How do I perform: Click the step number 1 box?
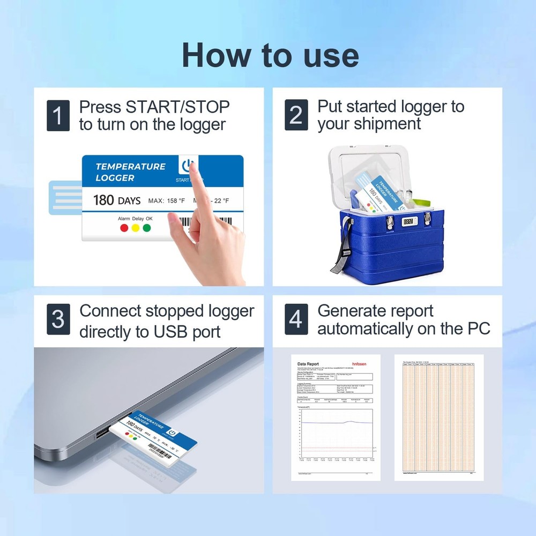pos(58,115)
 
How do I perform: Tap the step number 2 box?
pos(296,115)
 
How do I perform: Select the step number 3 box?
pos(58,319)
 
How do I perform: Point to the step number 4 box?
pos(296,319)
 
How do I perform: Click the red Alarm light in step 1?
pos(124,228)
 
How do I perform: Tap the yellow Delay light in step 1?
pos(136,228)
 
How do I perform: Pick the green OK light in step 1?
pos(147,228)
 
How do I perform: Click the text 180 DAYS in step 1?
pos(116,200)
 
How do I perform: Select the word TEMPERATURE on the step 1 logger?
pos(130,166)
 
